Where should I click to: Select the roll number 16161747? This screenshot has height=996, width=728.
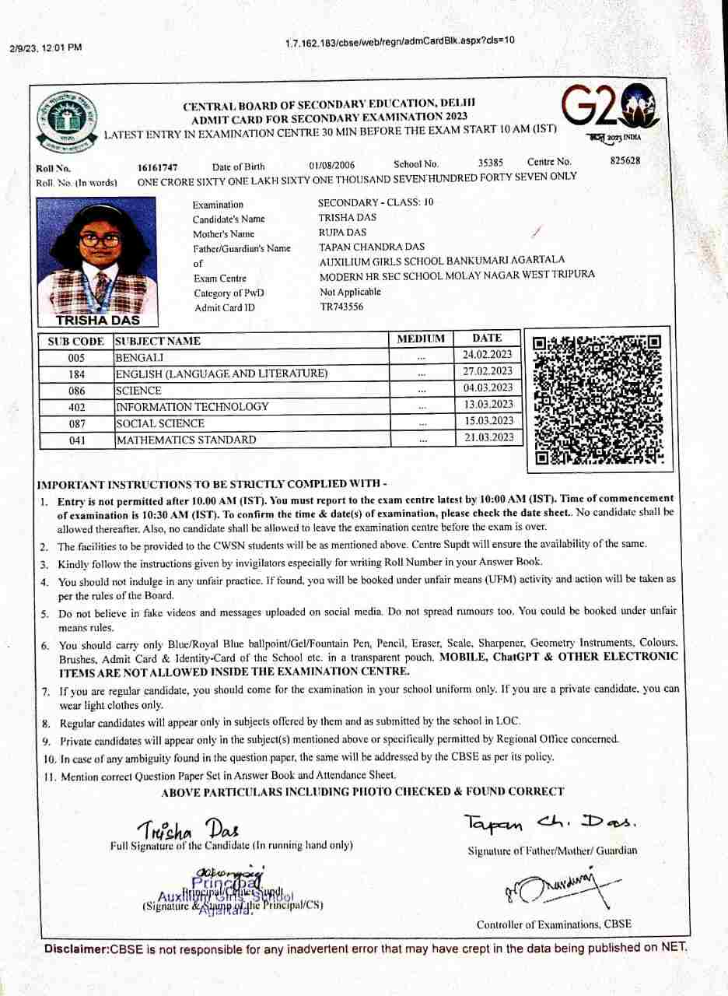pyautogui.click(x=158, y=167)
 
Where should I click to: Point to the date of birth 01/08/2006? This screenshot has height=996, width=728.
pyautogui.click(x=332, y=166)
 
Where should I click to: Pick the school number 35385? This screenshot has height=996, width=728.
pyautogui.click(x=491, y=163)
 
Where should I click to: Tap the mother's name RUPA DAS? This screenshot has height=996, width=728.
pyautogui.click(x=342, y=232)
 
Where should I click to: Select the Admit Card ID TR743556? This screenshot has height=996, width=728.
pyautogui.click(x=341, y=307)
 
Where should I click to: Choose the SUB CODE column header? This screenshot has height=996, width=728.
pyautogui.click(x=75, y=341)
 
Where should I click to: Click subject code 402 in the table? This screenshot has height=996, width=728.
pyautogui.click(x=77, y=407)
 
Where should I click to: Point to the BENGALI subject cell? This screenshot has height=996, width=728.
pyautogui.click(x=139, y=358)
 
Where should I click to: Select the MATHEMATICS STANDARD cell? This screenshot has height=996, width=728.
pyautogui.click(x=186, y=440)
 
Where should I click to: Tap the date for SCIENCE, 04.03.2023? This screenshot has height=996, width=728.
pyautogui.click(x=488, y=388)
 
